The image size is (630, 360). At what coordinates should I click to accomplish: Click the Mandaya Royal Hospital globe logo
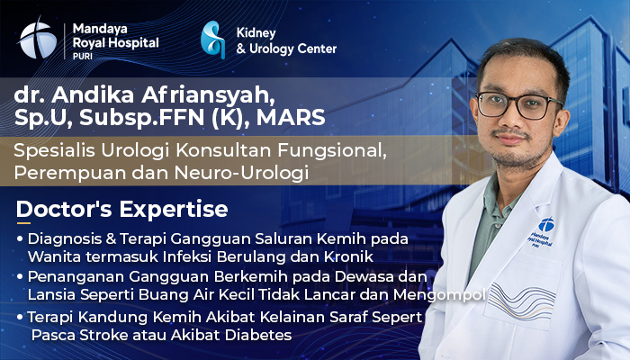click(38, 40)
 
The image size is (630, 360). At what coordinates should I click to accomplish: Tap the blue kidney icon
click(212, 40)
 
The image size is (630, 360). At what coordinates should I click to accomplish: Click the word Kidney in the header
click(256, 33)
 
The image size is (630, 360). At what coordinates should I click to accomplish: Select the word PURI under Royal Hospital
click(83, 57)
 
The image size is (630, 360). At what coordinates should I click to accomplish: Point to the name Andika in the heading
click(92, 94)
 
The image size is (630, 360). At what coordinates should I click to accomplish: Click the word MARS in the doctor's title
click(291, 118)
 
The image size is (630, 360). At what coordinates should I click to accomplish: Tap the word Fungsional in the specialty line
click(332, 151)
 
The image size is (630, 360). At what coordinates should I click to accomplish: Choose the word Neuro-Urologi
click(241, 173)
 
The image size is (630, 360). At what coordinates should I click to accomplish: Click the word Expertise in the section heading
click(174, 209)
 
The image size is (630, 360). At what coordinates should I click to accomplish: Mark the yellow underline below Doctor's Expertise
click(23, 222)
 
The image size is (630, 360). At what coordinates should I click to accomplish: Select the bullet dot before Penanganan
click(20, 276)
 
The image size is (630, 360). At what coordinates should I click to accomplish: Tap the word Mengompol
click(439, 295)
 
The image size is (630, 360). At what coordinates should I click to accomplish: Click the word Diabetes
click(258, 335)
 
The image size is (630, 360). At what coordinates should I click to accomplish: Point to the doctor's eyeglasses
click(518, 105)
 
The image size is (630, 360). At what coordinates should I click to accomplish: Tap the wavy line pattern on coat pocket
click(522, 301)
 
